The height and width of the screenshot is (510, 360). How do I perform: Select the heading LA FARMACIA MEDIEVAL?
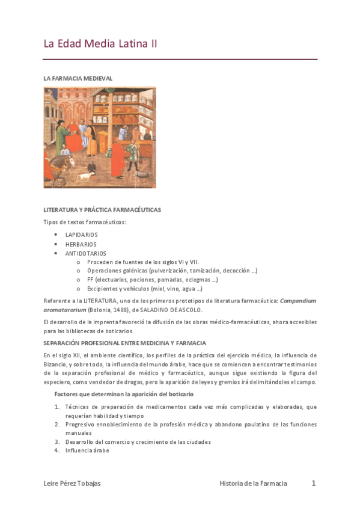point(78,78)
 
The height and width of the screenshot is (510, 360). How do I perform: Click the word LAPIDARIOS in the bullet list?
point(82,235)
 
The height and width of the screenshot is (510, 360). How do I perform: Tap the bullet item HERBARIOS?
point(81,244)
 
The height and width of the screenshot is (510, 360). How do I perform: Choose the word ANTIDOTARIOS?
point(86,253)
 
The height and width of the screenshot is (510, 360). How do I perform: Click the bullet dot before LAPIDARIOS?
point(55,235)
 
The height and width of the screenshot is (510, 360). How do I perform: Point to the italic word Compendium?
point(298,301)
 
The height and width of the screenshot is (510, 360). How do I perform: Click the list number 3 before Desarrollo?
point(56,441)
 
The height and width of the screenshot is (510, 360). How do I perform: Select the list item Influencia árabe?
point(87,450)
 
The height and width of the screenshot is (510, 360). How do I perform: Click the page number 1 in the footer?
point(313,483)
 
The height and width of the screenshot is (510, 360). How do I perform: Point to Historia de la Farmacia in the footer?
point(253,483)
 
